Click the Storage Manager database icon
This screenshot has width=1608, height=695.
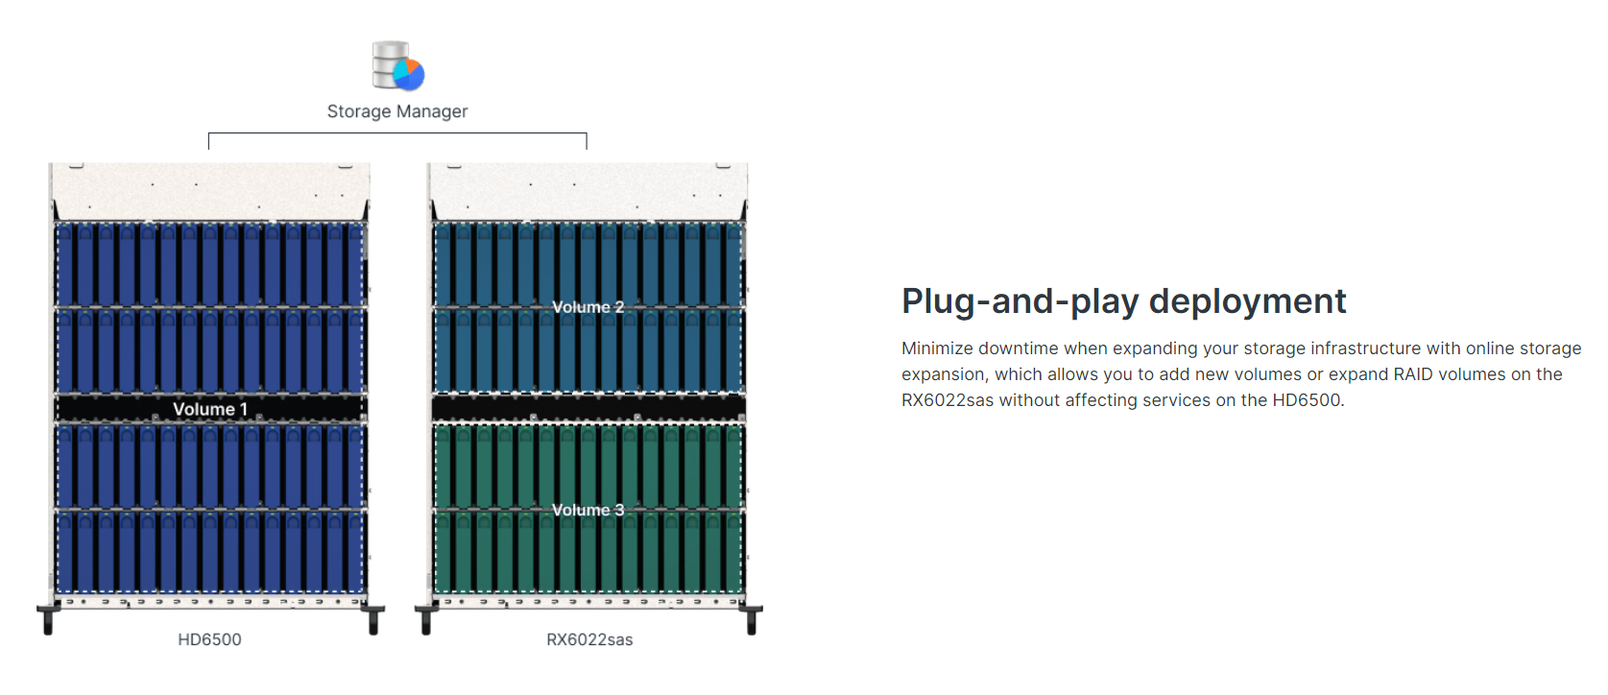point(397,66)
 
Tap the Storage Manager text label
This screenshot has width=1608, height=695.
point(397,111)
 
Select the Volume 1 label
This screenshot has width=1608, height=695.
point(210,409)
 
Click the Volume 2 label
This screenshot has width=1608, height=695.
point(588,307)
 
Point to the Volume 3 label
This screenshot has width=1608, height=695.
point(588,511)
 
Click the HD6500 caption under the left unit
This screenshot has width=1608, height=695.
point(209,639)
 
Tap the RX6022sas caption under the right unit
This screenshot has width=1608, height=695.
point(589,639)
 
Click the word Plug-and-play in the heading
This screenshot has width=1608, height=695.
point(1020,301)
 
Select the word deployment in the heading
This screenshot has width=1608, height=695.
point(1248,301)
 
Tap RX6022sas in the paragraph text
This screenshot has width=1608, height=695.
point(948,400)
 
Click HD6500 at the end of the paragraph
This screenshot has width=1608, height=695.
point(1308,400)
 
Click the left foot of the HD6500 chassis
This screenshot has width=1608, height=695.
point(48,619)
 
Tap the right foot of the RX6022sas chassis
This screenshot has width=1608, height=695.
point(751,619)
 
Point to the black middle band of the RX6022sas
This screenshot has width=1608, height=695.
point(588,408)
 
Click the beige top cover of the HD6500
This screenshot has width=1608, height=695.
point(210,191)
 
